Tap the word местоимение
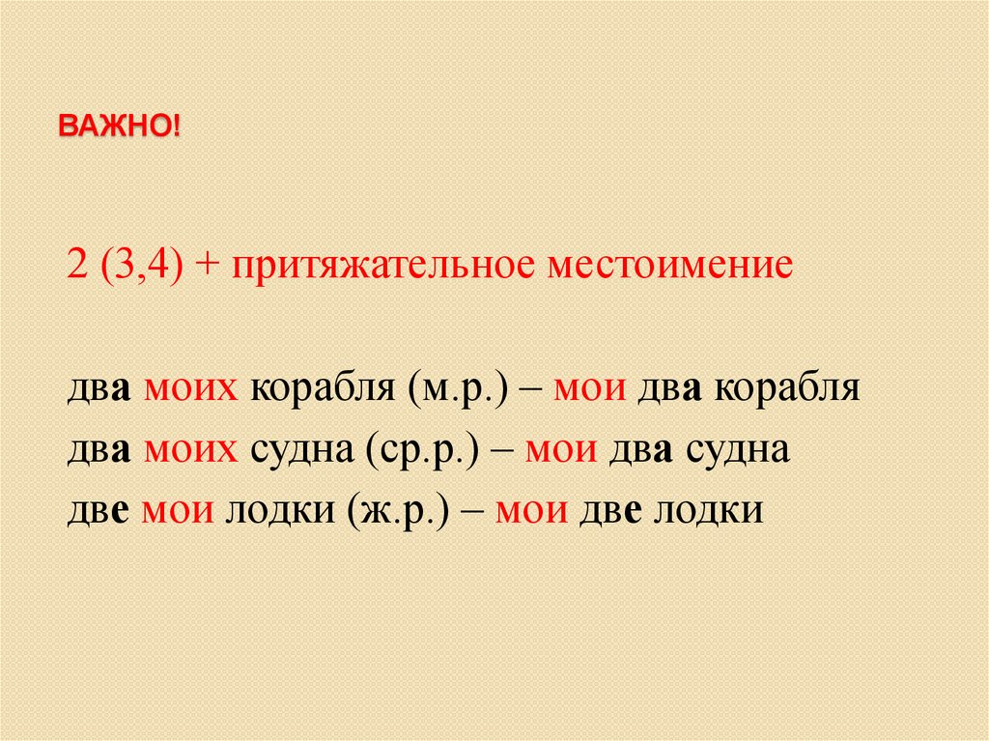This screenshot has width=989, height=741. (669, 264)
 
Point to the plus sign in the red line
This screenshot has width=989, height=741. (208, 265)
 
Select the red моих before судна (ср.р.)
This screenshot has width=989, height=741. (192, 451)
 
